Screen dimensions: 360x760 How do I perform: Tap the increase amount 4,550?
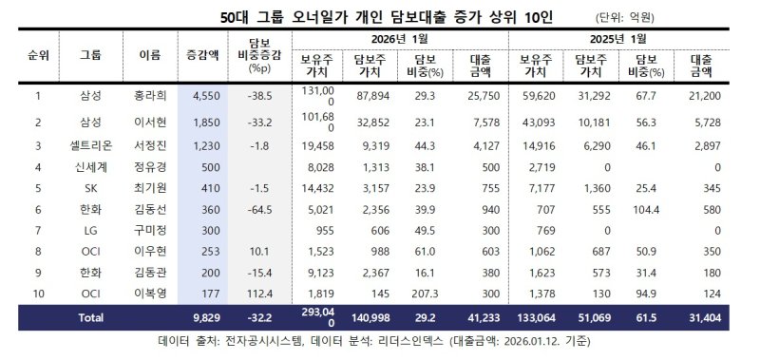point(207,96)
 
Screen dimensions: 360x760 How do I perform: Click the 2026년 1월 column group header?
point(395,38)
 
